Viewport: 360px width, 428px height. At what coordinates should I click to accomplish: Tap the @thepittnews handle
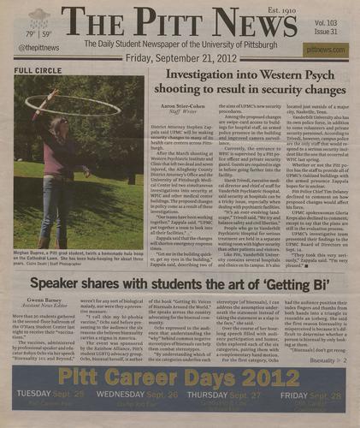pos(37,49)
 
